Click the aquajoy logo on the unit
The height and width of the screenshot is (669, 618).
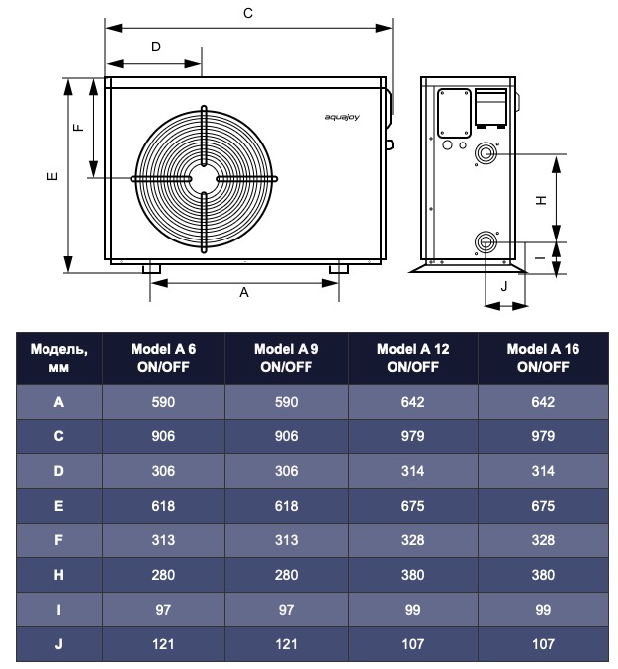click(x=342, y=118)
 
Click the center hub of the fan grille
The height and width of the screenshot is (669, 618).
click(x=203, y=178)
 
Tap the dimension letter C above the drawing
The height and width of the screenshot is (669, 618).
click(x=248, y=13)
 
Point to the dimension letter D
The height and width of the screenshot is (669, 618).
click(x=156, y=47)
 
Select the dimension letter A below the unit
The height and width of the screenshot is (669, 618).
click(x=244, y=293)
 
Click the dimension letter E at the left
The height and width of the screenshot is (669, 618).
click(x=52, y=177)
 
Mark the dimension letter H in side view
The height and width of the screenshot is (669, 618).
click(x=541, y=199)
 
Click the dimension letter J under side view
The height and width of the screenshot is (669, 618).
click(x=504, y=286)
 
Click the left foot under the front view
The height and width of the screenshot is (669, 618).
click(x=153, y=267)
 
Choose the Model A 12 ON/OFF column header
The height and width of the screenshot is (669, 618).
click(x=412, y=358)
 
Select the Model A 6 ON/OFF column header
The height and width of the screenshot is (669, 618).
click(x=163, y=358)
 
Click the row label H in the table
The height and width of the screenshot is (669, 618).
click(x=59, y=575)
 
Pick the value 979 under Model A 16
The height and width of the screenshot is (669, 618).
click(x=542, y=436)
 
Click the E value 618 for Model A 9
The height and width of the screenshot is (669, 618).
click(x=287, y=506)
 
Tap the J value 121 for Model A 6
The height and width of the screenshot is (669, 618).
click(x=163, y=644)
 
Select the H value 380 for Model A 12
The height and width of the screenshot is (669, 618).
click(x=412, y=575)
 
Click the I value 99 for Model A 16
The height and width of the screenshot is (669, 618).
click(x=542, y=610)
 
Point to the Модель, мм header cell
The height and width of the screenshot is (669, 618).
click(x=59, y=358)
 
